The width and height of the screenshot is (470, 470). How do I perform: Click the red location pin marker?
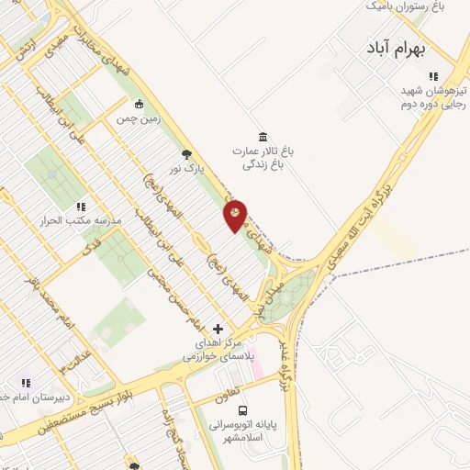(236, 215)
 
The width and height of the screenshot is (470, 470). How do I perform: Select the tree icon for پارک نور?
(187, 154)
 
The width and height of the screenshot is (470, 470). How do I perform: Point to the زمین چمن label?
(137, 119)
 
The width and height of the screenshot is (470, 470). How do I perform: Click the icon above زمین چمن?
(138, 104)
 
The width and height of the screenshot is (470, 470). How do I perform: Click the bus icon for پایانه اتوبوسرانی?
(242, 410)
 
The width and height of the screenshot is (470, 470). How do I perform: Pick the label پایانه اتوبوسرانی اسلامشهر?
(244, 431)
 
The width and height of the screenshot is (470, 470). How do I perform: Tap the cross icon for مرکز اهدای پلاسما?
(218, 328)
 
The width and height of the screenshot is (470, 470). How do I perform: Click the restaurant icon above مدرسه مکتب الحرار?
(81, 207)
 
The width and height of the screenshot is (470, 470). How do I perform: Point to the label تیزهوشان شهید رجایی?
(432, 97)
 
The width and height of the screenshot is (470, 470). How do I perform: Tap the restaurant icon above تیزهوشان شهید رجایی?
(433, 76)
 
